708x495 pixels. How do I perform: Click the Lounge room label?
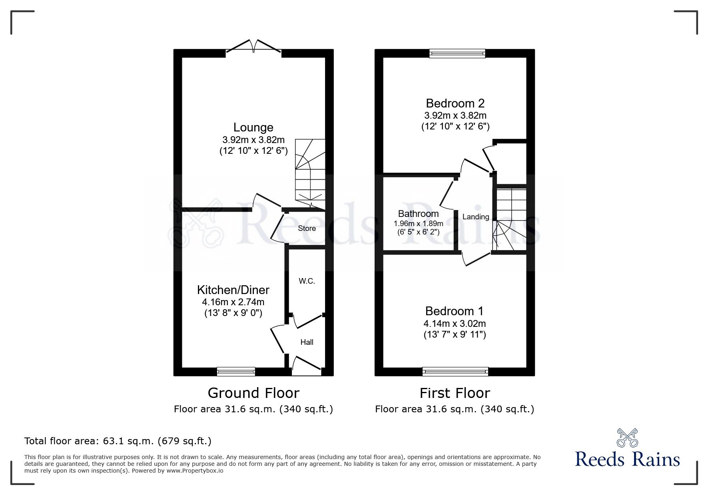pos(253,127)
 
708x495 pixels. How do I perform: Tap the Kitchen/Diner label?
pos(233,290)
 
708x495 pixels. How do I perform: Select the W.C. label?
pos(307,281)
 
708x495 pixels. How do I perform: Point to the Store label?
pos(307,229)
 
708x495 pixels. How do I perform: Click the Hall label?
pos(307,342)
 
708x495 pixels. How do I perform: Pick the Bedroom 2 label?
pos(455,103)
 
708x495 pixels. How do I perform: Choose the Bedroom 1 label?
pos(455,311)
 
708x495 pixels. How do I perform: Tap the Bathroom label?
pos(419,214)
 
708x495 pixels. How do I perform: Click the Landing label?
pos(476,217)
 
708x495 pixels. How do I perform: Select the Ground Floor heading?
pos(253,393)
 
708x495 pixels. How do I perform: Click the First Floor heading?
pos(455,393)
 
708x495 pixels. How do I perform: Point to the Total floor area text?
pos(118,441)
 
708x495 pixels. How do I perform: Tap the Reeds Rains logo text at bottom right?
pos(628,459)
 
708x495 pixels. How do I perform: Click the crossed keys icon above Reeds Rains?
pos(628,437)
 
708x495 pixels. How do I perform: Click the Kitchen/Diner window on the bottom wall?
pos(236,372)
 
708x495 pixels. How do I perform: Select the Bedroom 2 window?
pos(457,54)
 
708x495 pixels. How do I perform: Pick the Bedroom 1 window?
pos(455,372)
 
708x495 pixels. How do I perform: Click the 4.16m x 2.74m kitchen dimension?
pos(233,302)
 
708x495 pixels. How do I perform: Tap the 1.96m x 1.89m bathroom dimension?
pos(419,224)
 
